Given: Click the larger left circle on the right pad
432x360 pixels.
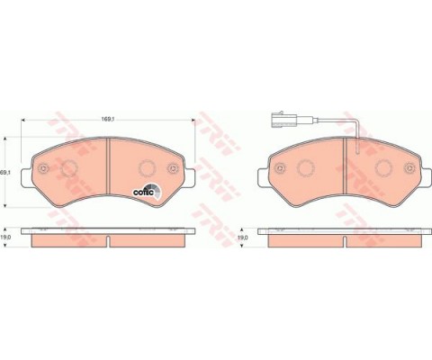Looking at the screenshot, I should tap(305, 169).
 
